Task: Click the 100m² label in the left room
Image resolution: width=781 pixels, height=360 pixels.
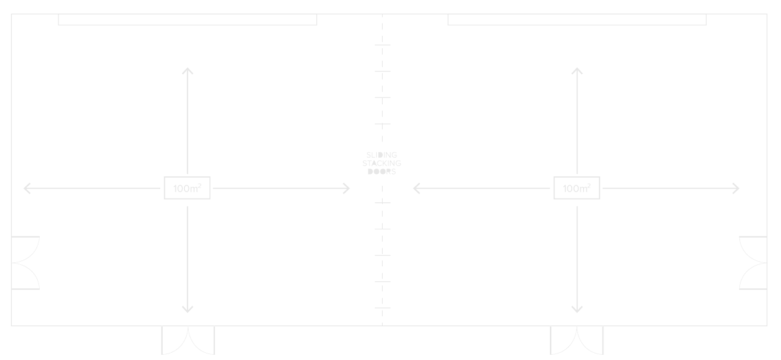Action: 187,188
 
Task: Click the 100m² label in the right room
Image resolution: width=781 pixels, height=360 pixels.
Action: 577,188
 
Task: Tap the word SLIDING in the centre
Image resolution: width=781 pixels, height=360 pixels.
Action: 382,155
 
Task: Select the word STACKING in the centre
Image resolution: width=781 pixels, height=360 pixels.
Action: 382,163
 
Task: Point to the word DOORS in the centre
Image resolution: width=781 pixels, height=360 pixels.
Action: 382,172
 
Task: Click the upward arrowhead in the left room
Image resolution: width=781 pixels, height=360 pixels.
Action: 187,70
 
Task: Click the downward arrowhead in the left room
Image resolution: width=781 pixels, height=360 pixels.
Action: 187,309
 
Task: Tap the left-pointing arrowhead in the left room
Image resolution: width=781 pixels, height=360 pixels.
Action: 27,188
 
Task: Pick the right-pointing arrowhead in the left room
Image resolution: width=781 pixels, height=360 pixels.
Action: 346,188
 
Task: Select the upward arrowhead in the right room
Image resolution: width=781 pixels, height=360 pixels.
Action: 577,70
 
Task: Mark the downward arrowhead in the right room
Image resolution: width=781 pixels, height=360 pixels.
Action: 577,309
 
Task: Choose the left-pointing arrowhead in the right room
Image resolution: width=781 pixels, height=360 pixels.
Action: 416,188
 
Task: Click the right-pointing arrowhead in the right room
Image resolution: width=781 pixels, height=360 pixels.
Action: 736,188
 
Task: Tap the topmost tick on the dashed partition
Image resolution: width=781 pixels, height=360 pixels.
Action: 383,45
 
